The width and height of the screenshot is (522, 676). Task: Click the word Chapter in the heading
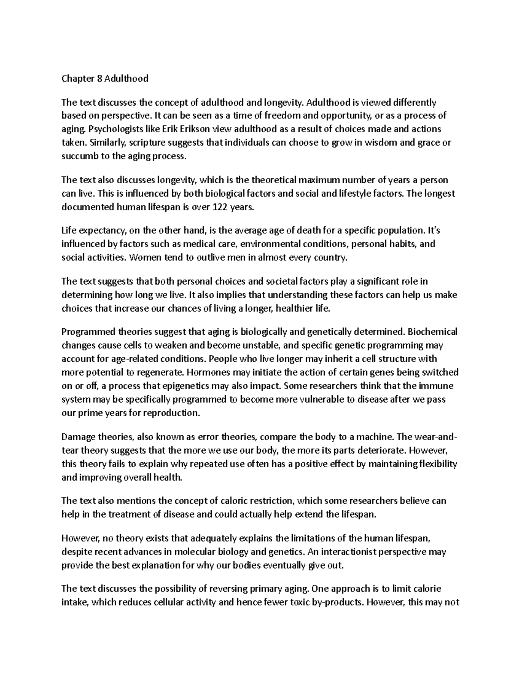click(x=76, y=79)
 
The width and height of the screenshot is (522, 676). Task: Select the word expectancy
click(x=100, y=231)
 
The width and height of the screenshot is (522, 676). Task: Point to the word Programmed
click(x=88, y=332)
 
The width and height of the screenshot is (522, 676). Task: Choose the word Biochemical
click(x=433, y=332)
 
